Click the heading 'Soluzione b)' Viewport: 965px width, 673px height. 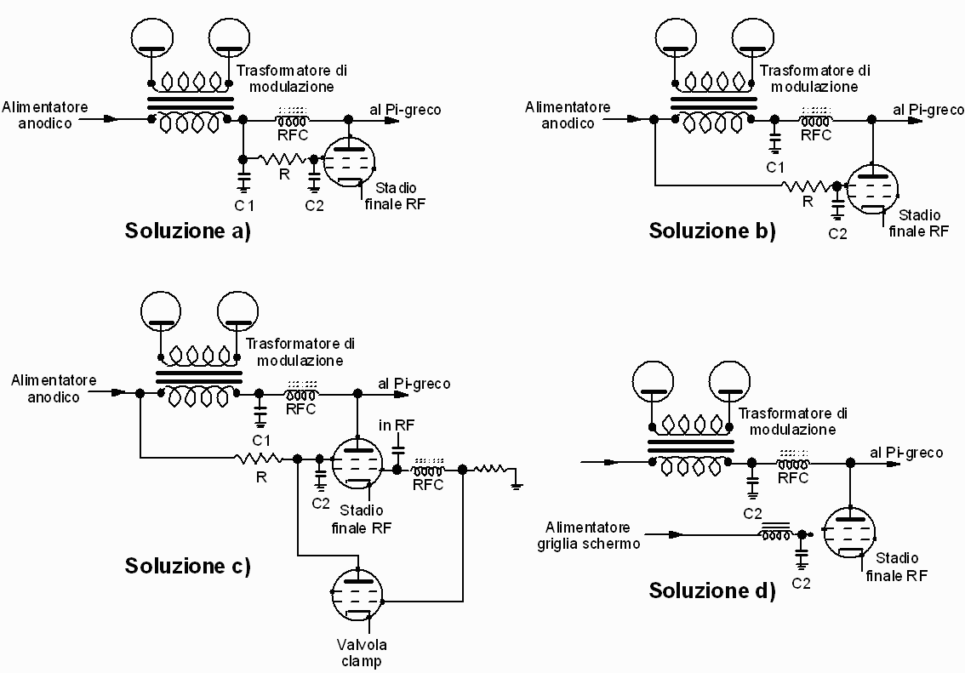(712, 231)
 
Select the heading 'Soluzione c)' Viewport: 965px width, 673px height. (188, 565)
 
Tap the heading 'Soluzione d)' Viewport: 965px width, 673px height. (712, 590)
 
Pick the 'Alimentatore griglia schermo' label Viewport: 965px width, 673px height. (593, 535)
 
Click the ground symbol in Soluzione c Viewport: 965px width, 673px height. (516, 486)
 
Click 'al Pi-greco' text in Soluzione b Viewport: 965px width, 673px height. (928, 110)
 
